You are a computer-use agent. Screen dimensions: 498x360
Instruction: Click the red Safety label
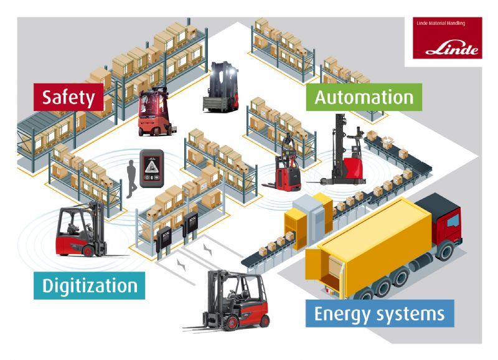(68, 97)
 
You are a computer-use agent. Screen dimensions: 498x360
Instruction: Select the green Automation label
(364, 97)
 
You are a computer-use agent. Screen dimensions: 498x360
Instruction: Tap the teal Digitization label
(89, 285)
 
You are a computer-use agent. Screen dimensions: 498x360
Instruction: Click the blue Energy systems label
(380, 314)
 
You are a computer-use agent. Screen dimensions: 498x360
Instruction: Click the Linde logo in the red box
(452, 49)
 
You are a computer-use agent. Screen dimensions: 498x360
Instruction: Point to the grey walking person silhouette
(131, 179)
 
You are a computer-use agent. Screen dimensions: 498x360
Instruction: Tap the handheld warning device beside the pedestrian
(152, 168)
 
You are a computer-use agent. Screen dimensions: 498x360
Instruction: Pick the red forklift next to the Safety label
(154, 112)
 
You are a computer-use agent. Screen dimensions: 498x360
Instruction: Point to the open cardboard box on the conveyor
(388, 142)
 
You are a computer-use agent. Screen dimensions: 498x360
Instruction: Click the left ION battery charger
(164, 242)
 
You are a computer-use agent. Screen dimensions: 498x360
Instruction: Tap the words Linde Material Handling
(441, 23)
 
